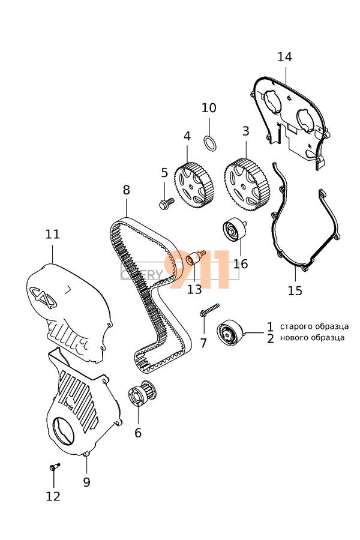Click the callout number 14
(x=284, y=57)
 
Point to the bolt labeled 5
(x=165, y=204)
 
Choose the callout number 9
(x=86, y=482)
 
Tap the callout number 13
(x=194, y=290)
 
